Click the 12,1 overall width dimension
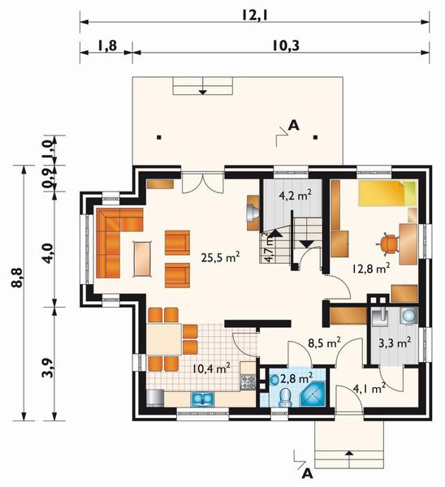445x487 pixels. pyautogui.click(x=254, y=14)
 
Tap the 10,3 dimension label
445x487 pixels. pyautogui.click(x=286, y=46)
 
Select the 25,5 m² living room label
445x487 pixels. pyautogui.click(x=220, y=257)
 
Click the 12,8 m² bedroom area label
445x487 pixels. pyautogui.click(x=371, y=268)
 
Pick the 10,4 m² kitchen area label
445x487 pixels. pyautogui.click(x=211, y=368)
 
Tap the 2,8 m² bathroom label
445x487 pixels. pyautogui.click(x=296, y=378)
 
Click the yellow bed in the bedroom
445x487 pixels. pyautogui.click(x=387, y=194)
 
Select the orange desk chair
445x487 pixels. pyautogui.click(x=389, y=243)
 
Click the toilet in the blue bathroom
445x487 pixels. pyautogui.click(x=285, y=399)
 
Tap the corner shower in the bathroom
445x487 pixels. pyautogui.click(x=313, y=394)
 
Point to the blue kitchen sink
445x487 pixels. pyautogui.click(x=202, y=399)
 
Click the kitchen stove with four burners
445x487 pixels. pyautogui.click(x=248, y=381)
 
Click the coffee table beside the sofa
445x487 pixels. pyautogui.click(x=143, y=259)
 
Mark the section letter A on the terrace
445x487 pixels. pyautogui.click(x=294, y=125)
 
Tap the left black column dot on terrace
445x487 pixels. pyautogui.click(x=159, y=137)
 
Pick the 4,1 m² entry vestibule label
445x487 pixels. pyautogui.click(x=369, y=388)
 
